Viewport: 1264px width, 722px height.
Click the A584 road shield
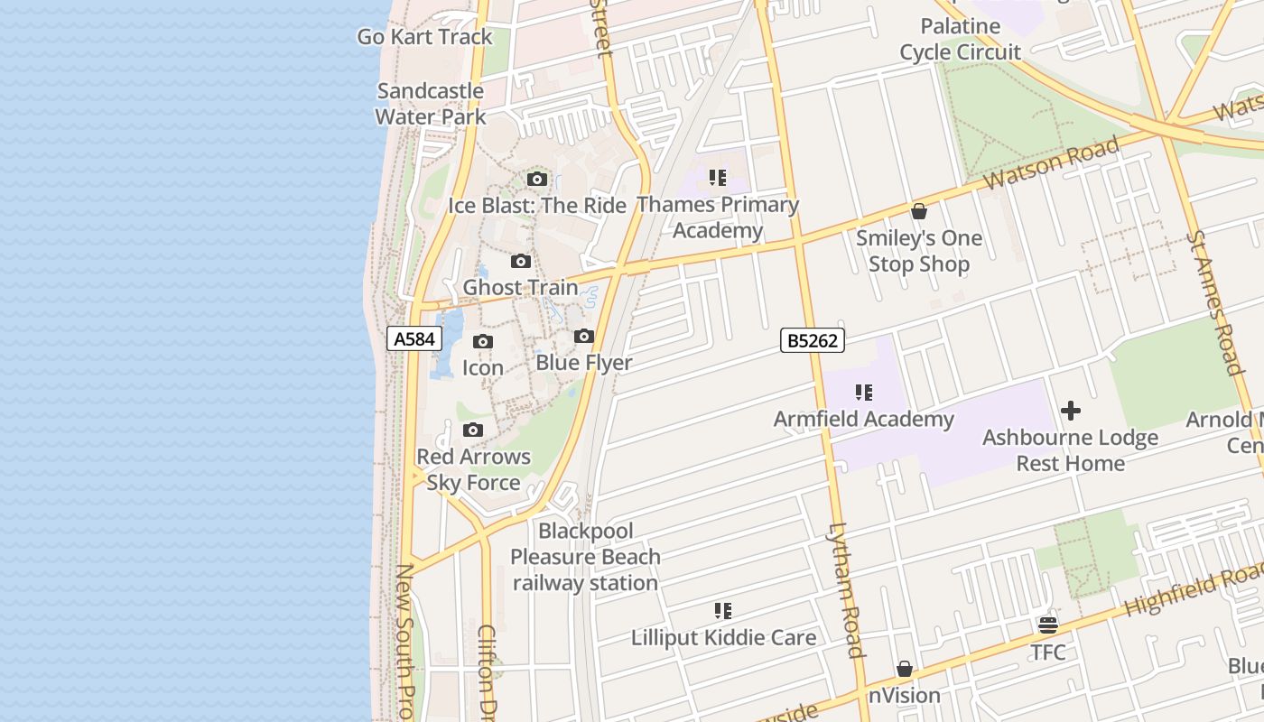[x=415, y=339]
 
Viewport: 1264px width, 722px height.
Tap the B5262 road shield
[x=813, y=340]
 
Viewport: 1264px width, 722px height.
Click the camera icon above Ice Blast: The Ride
[x=537, y=180]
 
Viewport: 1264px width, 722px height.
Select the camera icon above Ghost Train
[x=521, y=262]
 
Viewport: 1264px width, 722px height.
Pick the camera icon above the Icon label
[x=483, y=342]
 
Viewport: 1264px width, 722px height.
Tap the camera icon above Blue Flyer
[x=584, y=337]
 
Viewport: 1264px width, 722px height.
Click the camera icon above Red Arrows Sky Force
[x=473, y=430]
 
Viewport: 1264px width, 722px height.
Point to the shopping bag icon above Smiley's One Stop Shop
[x=919, y=212]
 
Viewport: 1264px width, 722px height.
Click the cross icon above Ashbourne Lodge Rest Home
[x=1071, y=412]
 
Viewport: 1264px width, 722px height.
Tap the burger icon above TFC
[x=1048, y=625]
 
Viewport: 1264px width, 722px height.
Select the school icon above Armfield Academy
[x=864, y=393]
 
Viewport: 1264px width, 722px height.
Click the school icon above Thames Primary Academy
[x=718, y=178]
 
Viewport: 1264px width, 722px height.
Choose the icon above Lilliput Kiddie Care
[x=723, y=611]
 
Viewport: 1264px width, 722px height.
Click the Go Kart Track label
[x=425, y=37]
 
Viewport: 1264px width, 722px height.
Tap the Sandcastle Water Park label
[x=431, y=104]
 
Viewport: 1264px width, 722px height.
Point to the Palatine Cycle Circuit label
[x=961, y=39]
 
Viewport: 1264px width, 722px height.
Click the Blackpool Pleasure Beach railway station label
[x=586, y=557]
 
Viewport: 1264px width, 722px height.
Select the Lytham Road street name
[x=847, y=590]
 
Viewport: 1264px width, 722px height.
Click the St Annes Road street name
[x=1215, y=301]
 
